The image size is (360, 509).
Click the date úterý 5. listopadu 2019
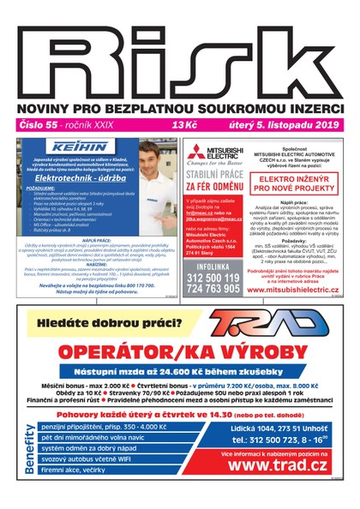[x=292, y=125]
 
